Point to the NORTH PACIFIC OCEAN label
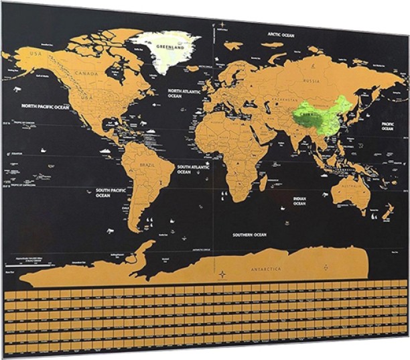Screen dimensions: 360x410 coord(45,106)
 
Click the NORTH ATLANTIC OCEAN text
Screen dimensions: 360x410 coord(184,93)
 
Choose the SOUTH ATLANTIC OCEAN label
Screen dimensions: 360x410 coord(193,169)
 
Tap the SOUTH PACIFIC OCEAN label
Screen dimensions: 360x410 coord(111,192)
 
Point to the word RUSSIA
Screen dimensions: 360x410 coord(311,80)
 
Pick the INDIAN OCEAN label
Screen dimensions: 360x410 coord(299,201)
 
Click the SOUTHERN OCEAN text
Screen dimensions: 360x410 coord(249,235)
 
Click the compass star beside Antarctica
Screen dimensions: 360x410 coord(222,274)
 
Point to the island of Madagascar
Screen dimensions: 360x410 coord(263,182)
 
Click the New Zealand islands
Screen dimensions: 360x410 coord(387,213)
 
